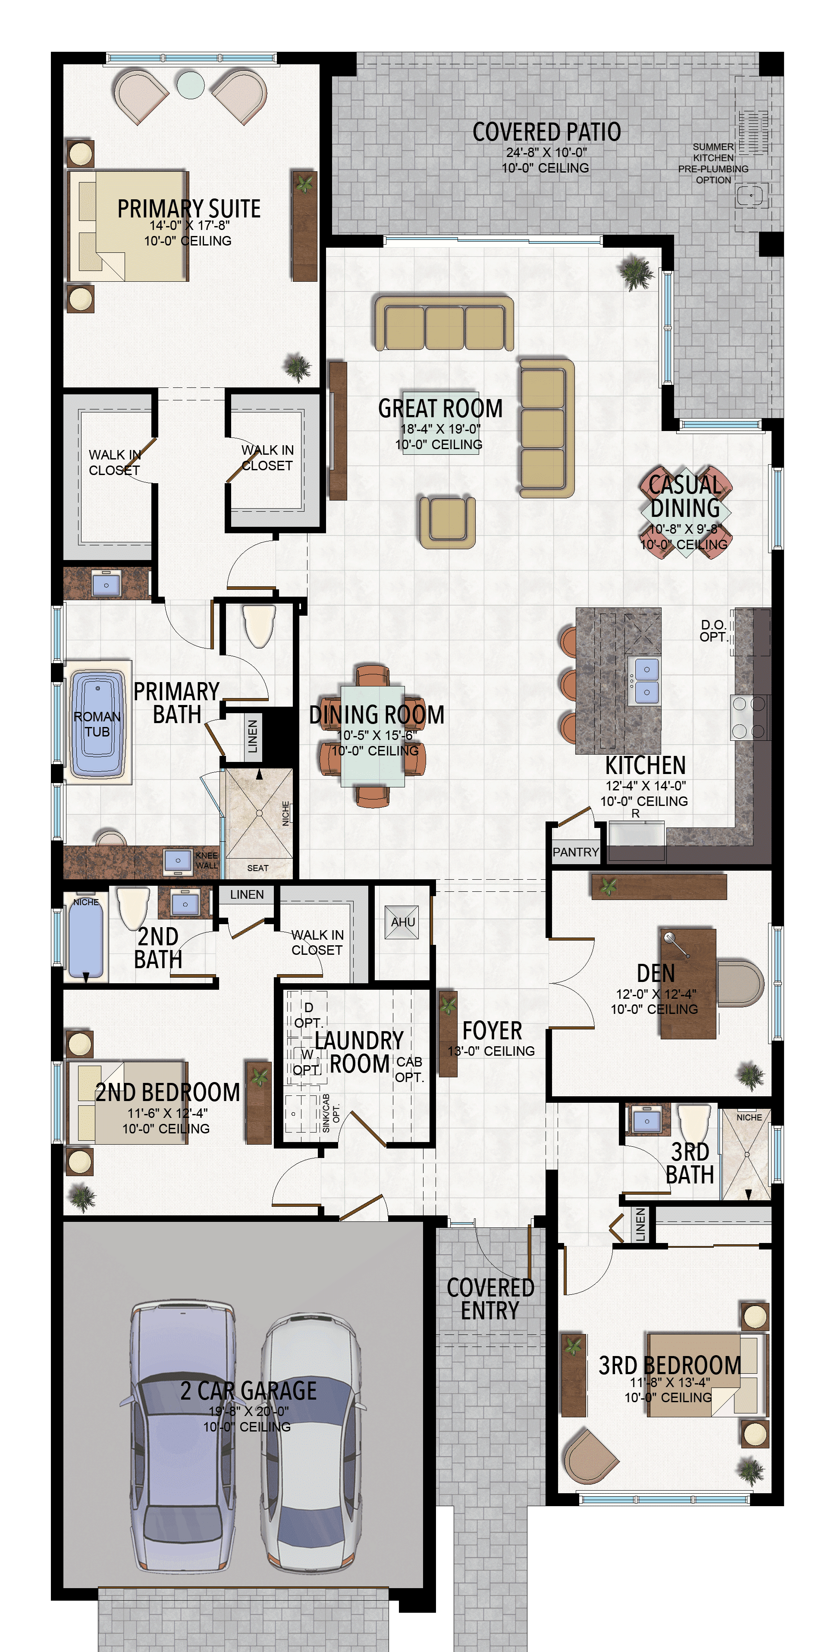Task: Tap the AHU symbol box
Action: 402,922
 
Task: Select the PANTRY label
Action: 575,852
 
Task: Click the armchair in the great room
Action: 447,521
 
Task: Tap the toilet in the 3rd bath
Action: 693,1122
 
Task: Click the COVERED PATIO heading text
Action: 546,132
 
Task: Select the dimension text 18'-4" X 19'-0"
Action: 440,429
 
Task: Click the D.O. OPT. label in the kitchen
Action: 713,630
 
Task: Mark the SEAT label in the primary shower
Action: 257,868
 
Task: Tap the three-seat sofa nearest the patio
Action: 443,323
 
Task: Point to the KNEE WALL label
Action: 207,860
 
